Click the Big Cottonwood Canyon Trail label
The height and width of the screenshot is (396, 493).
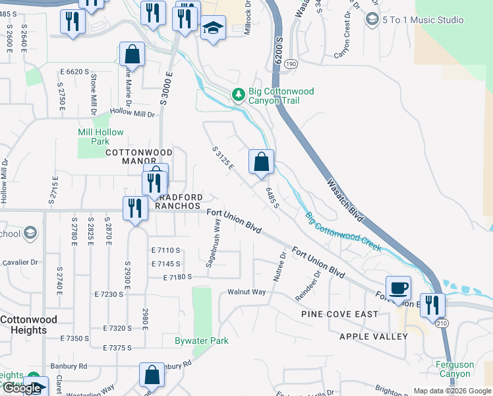(281, 96)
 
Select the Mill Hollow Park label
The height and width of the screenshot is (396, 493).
(101, 137)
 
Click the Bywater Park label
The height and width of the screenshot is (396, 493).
(201, 341)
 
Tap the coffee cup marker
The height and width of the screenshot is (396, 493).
(398, 288)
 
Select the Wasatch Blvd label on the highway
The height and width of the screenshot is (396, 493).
(344, 197)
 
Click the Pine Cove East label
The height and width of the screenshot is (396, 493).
(339, 314)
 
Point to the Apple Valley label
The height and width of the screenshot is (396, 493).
(374, 337)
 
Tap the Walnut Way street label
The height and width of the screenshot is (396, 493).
(246, 292)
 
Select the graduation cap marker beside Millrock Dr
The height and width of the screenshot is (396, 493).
(212, 28)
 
